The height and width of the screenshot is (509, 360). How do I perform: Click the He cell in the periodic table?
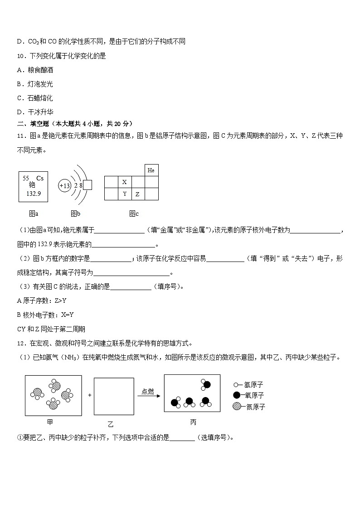[x=151, y=170]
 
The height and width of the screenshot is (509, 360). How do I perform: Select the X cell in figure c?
[x=125, y=182]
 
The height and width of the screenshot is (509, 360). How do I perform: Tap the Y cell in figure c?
[x=125, y=194]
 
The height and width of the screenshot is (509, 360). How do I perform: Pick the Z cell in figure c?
[x=137, y=194]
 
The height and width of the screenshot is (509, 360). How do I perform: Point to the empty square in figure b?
[x=88, y=185]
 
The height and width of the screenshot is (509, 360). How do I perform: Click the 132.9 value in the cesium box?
[x=33, y=193]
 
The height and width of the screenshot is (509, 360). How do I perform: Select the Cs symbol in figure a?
[x=40, y=178]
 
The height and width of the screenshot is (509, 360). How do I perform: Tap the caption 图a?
[x=34, y=213]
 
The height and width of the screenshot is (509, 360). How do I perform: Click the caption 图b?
[x=75, y=213]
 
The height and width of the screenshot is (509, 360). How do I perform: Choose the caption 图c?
[x=134, y=213]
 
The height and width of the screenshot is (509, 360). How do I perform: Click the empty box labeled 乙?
[x=113, y=395]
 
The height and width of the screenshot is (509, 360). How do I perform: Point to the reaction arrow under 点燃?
[x=149, y=396]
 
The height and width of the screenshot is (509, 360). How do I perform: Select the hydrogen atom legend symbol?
[x=235, y=384]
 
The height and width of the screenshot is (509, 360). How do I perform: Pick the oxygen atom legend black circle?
[x=237, y=396]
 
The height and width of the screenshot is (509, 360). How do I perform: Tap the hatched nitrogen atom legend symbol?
[x=237, y=407]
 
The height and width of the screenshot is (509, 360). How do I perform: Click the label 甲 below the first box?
[x=50, y=422]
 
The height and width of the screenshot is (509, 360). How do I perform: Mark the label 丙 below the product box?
[x=193, y=422]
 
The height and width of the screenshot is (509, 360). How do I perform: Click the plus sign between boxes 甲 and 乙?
[x=90, y=395]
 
